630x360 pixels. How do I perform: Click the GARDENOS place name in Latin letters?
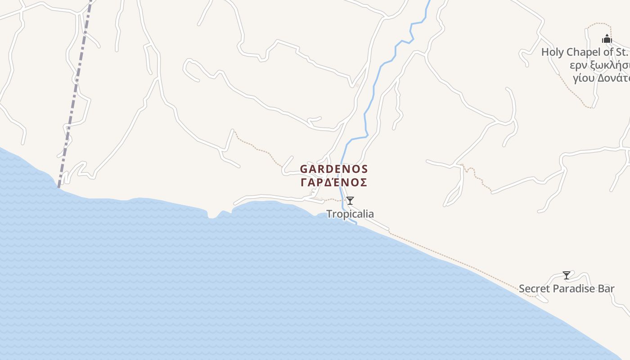tap(334, 169)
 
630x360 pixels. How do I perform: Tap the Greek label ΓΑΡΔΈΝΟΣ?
tap(334, 182)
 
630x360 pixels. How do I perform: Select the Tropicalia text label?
tap(350, 214)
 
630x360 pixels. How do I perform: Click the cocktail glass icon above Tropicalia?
tap(350, 201)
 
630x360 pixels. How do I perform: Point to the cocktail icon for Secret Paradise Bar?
tap(567, 275)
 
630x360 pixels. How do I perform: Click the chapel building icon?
tap(607, 39)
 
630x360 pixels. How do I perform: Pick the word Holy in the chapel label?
tap(552, 52)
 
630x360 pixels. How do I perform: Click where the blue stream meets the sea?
tap(356, 222)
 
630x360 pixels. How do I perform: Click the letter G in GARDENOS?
tap(304, 169)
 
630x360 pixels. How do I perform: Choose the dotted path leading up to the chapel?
tap(571, 90)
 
